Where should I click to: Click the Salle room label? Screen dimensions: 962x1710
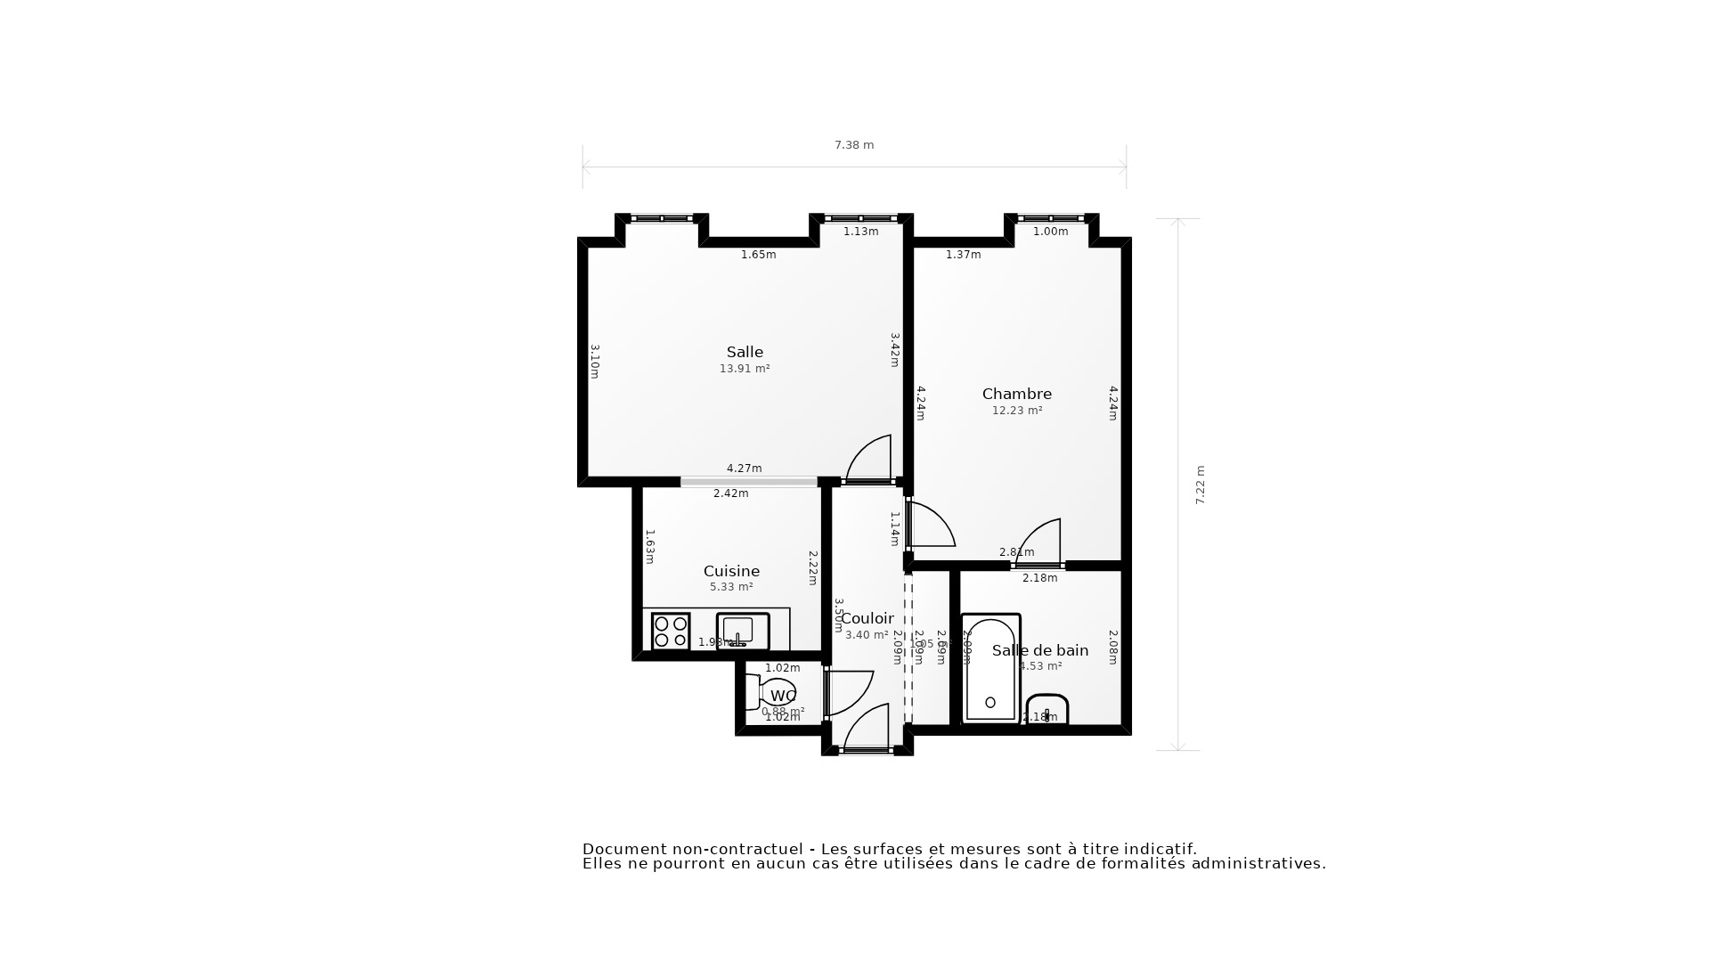pos(745,352)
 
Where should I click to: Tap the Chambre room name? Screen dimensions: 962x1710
pos(1016,394)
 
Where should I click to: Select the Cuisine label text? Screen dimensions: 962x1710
pos(731,571)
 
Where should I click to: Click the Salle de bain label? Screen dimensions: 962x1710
pos(1040,650)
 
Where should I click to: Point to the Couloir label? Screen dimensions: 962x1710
pos(867,618)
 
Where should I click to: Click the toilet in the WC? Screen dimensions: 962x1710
pos(773,693)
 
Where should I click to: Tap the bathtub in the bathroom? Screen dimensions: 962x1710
pos(990,668)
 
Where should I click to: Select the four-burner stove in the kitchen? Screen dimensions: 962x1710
pos(671,632)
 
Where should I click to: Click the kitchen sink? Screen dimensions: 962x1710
pos(742,631)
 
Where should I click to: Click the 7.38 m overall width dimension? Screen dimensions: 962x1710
pos(853,145)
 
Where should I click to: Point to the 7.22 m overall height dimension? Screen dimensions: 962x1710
pos(1200,485)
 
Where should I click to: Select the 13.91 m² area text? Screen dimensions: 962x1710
pos(745,369)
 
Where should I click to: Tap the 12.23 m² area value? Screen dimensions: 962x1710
pos(1016,411)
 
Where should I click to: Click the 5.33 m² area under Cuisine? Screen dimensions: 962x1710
pos(731,587)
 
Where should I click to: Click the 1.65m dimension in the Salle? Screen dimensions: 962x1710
pos(758,255)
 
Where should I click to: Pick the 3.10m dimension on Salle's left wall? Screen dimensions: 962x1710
pos(594,362)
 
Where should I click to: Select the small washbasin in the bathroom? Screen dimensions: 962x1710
pos(1047,709)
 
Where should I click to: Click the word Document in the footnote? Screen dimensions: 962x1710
pos(624,849)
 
